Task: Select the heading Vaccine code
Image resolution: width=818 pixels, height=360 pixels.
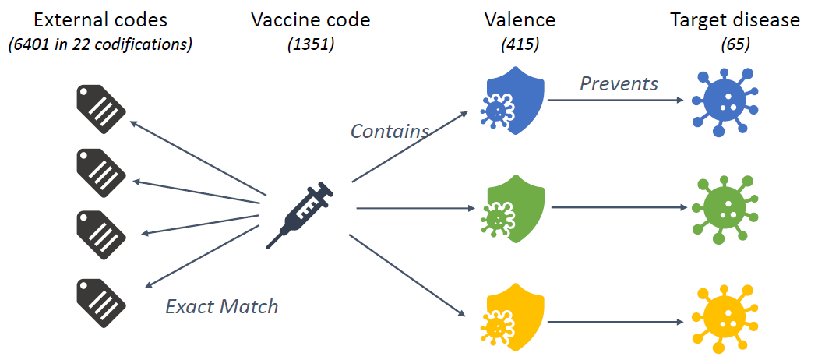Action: pos(310,20)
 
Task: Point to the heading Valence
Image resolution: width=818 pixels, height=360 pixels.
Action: pos(520,20)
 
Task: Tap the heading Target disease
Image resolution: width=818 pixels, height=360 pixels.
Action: pos(735,20)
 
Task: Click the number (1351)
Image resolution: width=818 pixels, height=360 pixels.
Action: pos(310,44)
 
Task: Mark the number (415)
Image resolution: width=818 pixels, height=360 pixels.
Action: pos(520,44)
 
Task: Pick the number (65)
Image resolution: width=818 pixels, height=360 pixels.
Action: pos(735,44)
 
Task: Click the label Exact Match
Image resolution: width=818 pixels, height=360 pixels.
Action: pos(221,306)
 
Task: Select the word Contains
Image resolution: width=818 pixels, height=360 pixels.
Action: pos(390,131)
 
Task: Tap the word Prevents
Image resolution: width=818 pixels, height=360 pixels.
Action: pos(619,83)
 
